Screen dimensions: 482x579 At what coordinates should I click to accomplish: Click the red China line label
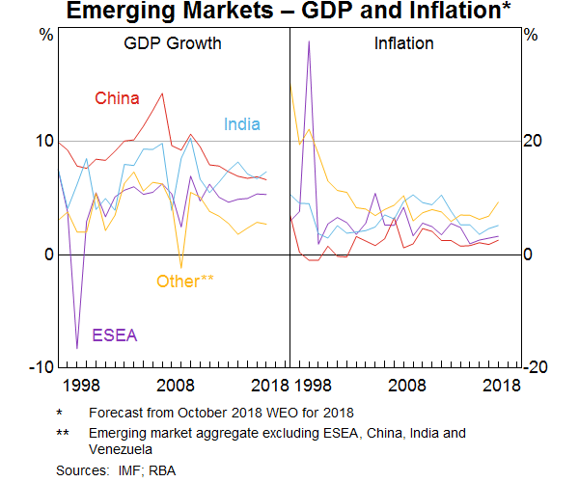coord(117,98)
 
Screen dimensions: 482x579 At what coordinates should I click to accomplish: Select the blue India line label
coord(242,124)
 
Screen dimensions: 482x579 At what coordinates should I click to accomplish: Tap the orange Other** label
coord(185,281)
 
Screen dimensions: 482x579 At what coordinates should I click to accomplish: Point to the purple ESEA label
coord(115,335)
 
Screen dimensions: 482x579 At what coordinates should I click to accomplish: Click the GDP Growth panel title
coord(173,44)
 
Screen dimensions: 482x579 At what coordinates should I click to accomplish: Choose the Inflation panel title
coord(403,44)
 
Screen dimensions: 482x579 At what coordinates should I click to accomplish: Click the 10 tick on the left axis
coord(44,141)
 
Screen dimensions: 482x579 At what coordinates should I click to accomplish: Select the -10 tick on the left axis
coord(41,367)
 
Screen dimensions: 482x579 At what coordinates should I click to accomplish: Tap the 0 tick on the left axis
coord(48,254)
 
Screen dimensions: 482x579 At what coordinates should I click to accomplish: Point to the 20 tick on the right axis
coord(531,141)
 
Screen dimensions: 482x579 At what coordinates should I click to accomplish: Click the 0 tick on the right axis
coord(527,254)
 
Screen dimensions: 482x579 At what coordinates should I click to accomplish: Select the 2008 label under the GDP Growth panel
coord(177,386)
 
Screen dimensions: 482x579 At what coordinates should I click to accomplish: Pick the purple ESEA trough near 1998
coord(77,348)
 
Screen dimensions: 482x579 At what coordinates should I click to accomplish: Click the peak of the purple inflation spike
coord(309,41)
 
